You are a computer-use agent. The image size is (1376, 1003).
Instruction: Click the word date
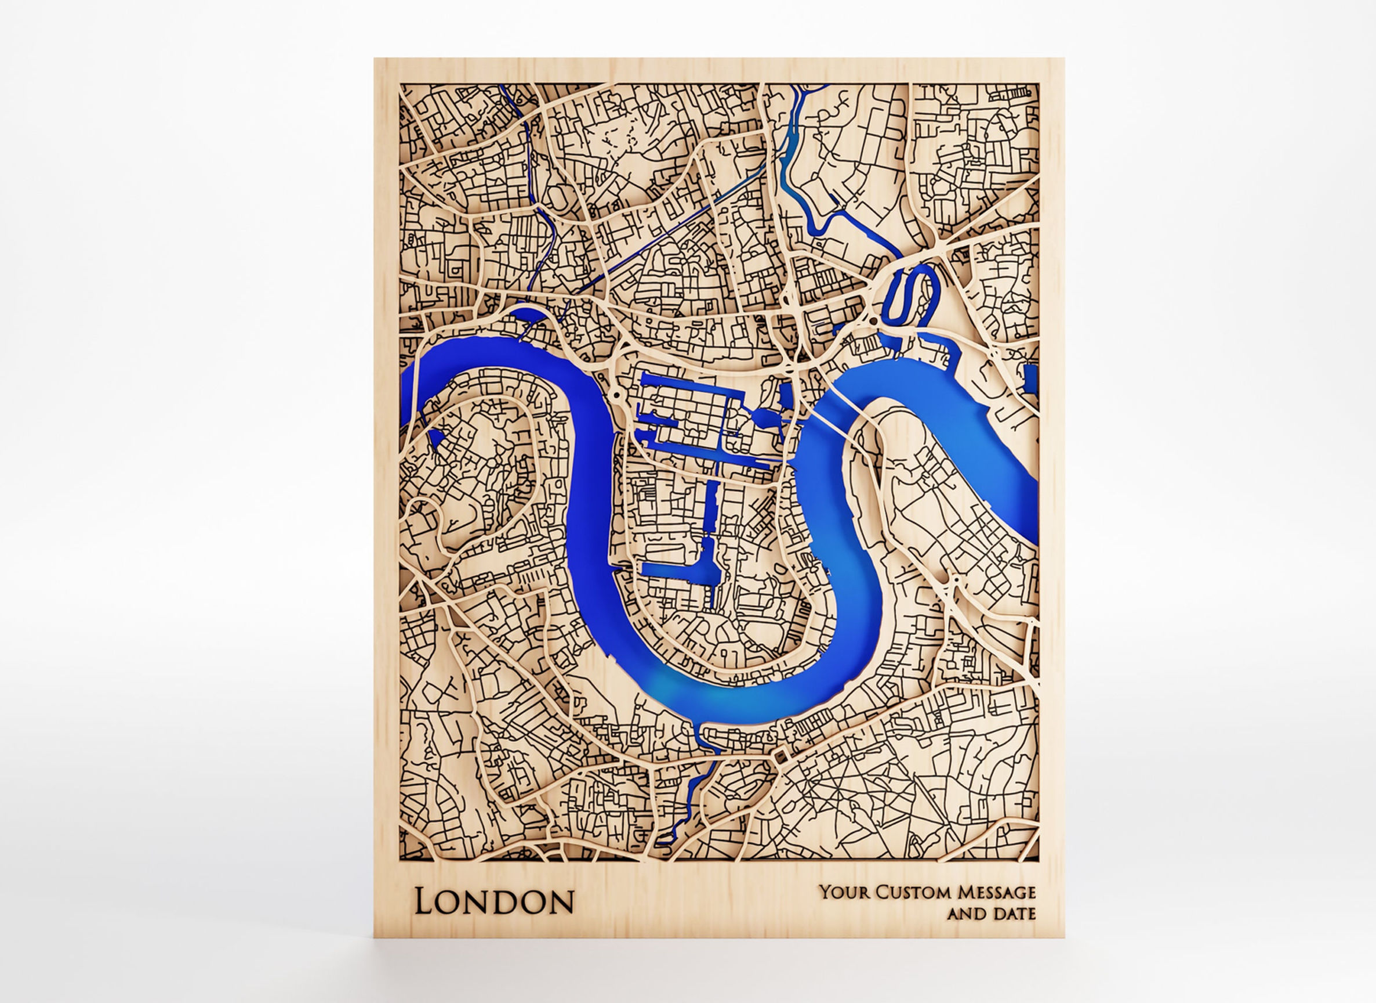(x=1014, y=914)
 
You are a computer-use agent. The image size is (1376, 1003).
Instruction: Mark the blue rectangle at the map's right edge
(x=1031, y=377)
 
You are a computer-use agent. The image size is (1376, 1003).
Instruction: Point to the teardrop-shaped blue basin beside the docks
(x=762, y=417)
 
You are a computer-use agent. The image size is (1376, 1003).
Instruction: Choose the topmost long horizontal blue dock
(x=692, y=381)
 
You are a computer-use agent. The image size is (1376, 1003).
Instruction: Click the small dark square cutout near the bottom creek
(x=779, y=757)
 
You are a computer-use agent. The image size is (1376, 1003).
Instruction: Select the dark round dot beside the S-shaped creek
(x=873, y=320)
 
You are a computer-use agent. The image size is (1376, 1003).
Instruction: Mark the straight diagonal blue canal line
(x=667, y=234)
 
